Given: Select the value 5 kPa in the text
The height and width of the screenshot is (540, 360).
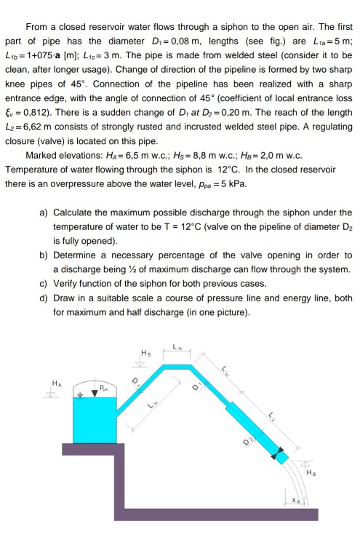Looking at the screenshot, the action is (232, 182).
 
